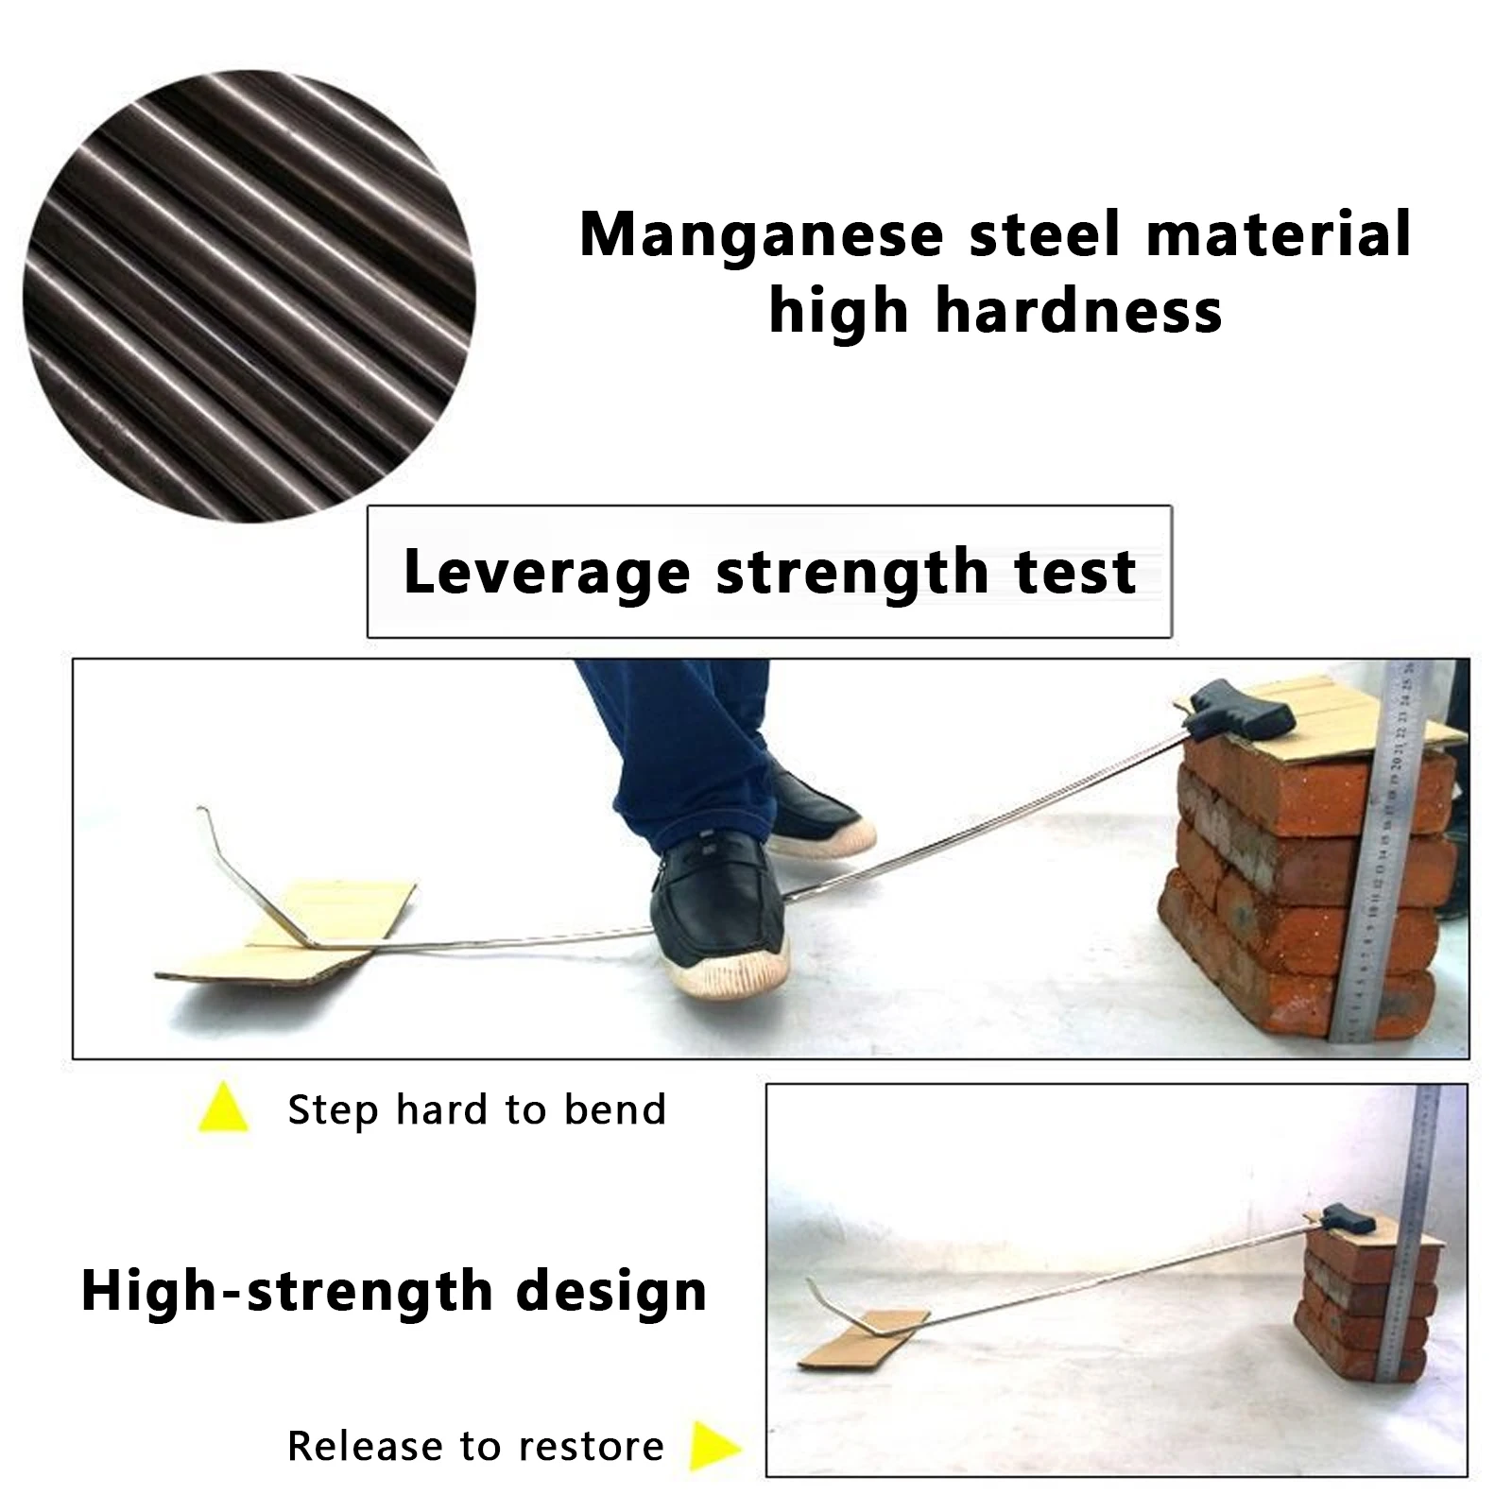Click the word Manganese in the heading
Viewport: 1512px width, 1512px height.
(x=761, y=236)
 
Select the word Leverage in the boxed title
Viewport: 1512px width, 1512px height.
(x=546, y=573)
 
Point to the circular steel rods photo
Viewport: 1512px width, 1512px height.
(x=249, y=294)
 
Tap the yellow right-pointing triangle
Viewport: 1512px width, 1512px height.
(x=713, y=1446)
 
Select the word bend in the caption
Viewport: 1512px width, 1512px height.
(x=615, y=1109)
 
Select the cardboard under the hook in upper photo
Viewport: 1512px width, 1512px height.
(x=283, y=931)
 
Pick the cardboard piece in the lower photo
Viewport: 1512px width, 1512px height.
(x=860, y=1342)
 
